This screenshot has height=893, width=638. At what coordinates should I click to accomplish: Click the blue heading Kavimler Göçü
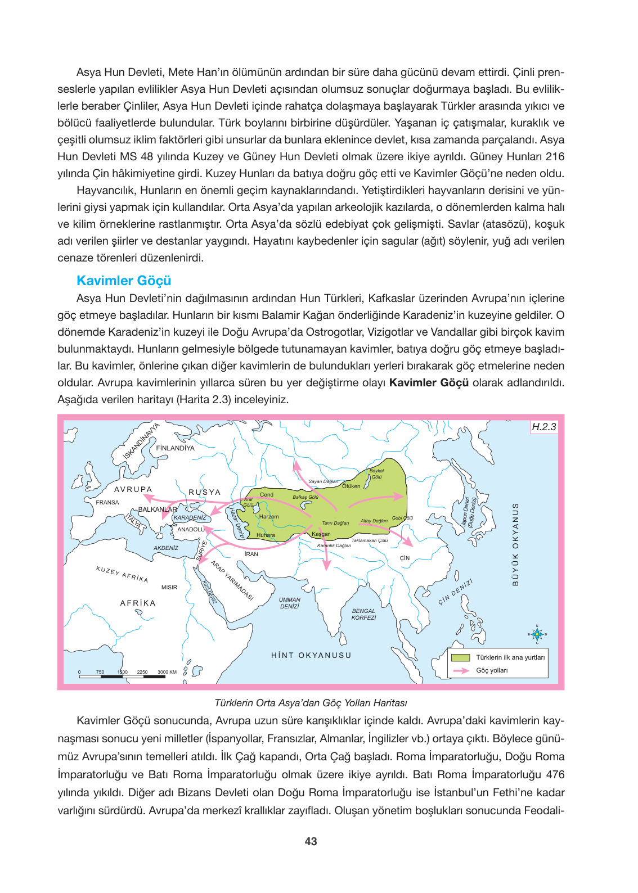[x=124, y=281]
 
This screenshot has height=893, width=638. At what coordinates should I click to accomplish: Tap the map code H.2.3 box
[x=543, y=427]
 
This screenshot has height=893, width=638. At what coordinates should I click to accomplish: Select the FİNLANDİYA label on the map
[x=175, y=448]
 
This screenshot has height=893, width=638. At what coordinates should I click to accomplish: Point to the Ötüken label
[x=351, y=486]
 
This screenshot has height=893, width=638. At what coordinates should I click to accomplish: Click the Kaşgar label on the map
[x=321, y=534]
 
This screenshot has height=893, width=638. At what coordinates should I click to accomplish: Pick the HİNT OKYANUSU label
[x=311, y=655]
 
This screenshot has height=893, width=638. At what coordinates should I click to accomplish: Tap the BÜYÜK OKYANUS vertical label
[x=515, y=544]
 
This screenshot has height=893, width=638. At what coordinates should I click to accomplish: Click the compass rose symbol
[x=537, y=634]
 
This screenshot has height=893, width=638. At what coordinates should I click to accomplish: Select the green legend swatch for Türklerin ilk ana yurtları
[x=461, y=657]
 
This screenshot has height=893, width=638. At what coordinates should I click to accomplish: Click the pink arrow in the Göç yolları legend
[x=461, y=670]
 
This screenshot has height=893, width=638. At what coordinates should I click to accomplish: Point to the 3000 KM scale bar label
[x=167, y=672]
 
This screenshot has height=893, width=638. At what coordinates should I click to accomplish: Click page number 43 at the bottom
[x=311, y=841]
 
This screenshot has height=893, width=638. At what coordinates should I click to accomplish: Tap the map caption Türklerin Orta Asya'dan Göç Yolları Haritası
[x=311, y=703]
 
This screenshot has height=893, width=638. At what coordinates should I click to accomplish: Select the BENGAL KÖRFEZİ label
[x=363, y=614]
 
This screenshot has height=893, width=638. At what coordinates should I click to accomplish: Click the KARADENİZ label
[x=190, y=517]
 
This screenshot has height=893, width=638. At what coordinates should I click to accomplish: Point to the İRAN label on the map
[x=251, y=554]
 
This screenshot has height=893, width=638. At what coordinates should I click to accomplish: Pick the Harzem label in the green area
[x=269, y=516]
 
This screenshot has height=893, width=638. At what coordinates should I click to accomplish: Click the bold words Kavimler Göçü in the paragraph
[x=429, y=383]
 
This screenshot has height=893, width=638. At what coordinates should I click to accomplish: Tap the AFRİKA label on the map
[x=138, y=603]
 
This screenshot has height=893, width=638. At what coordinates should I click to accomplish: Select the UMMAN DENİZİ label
[x=289, y=603]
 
